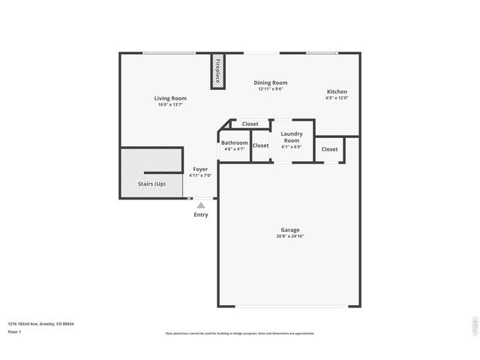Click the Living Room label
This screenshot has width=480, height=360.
(170, 98)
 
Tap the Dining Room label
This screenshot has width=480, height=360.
(270, 82)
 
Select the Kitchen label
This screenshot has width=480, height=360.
(337, 91)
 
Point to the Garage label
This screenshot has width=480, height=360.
(290, 229)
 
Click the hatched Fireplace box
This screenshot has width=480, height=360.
(218, 72)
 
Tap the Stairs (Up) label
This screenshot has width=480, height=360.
(151, 183)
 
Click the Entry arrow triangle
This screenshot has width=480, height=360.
(200, 204)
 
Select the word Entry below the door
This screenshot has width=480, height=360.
(201, 214)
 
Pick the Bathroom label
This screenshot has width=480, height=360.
(234, 142)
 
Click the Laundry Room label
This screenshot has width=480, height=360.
(291, 136)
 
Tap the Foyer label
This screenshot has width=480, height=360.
(200, 169)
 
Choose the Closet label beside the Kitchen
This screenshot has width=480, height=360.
(330, 149)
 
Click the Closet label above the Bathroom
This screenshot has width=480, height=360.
(250, 124)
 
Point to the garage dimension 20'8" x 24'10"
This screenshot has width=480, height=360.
(290, 236)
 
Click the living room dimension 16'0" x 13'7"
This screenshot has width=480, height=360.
(170, 105)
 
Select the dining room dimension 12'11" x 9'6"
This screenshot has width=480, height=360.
(270, 89)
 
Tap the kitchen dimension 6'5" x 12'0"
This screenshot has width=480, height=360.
(337, 98)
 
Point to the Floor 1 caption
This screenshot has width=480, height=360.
(14, 331)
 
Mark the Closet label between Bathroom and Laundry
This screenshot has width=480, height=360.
(260, 145)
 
